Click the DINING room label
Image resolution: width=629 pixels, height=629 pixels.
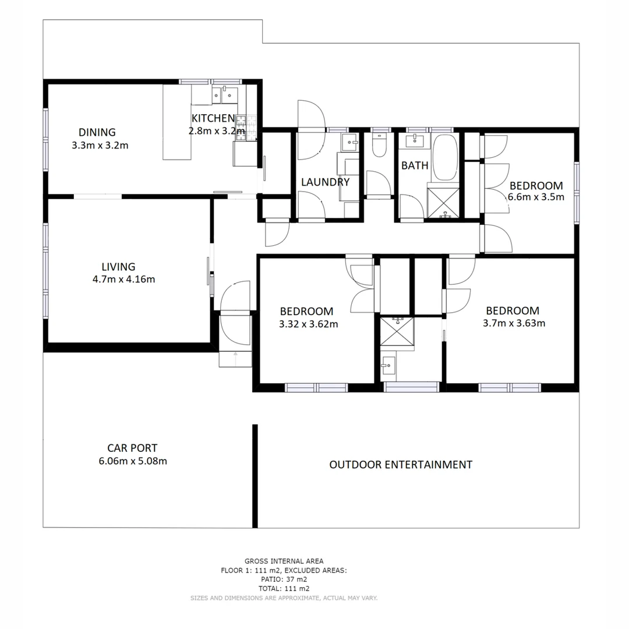click(x=97, y=132)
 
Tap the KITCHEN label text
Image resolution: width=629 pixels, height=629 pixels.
click(x=213, y=118)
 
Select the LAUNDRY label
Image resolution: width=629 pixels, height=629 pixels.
click(x=325, y=182)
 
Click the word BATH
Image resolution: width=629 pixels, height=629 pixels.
click(x=415, y=165)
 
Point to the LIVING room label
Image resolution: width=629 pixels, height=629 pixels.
click(x=118, y=267)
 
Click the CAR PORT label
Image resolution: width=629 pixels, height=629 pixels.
click(x=132, y=448)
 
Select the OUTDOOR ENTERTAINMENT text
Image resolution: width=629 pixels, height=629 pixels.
click(x=401, y=465)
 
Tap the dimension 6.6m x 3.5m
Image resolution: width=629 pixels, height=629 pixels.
click(x=536, y=197)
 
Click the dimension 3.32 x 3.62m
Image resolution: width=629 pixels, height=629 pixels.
click(x=309, y=324)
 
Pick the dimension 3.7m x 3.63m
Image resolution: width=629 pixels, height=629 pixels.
click(x=514, y=323)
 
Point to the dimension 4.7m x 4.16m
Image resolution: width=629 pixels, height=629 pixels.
click(x=123, y=279)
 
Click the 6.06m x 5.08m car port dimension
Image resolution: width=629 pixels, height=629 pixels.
click(x=133, y=461)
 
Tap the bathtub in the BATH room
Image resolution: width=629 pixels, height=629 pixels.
click(x=446, y=158)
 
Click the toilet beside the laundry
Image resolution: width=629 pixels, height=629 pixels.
click(x=379, y=146)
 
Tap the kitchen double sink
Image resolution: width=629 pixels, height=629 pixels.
click(x=224, y=94)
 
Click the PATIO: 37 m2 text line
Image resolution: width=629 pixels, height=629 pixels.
click(x=284, y=579)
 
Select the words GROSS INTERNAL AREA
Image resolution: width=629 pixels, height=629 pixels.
click(x=284, y=561)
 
